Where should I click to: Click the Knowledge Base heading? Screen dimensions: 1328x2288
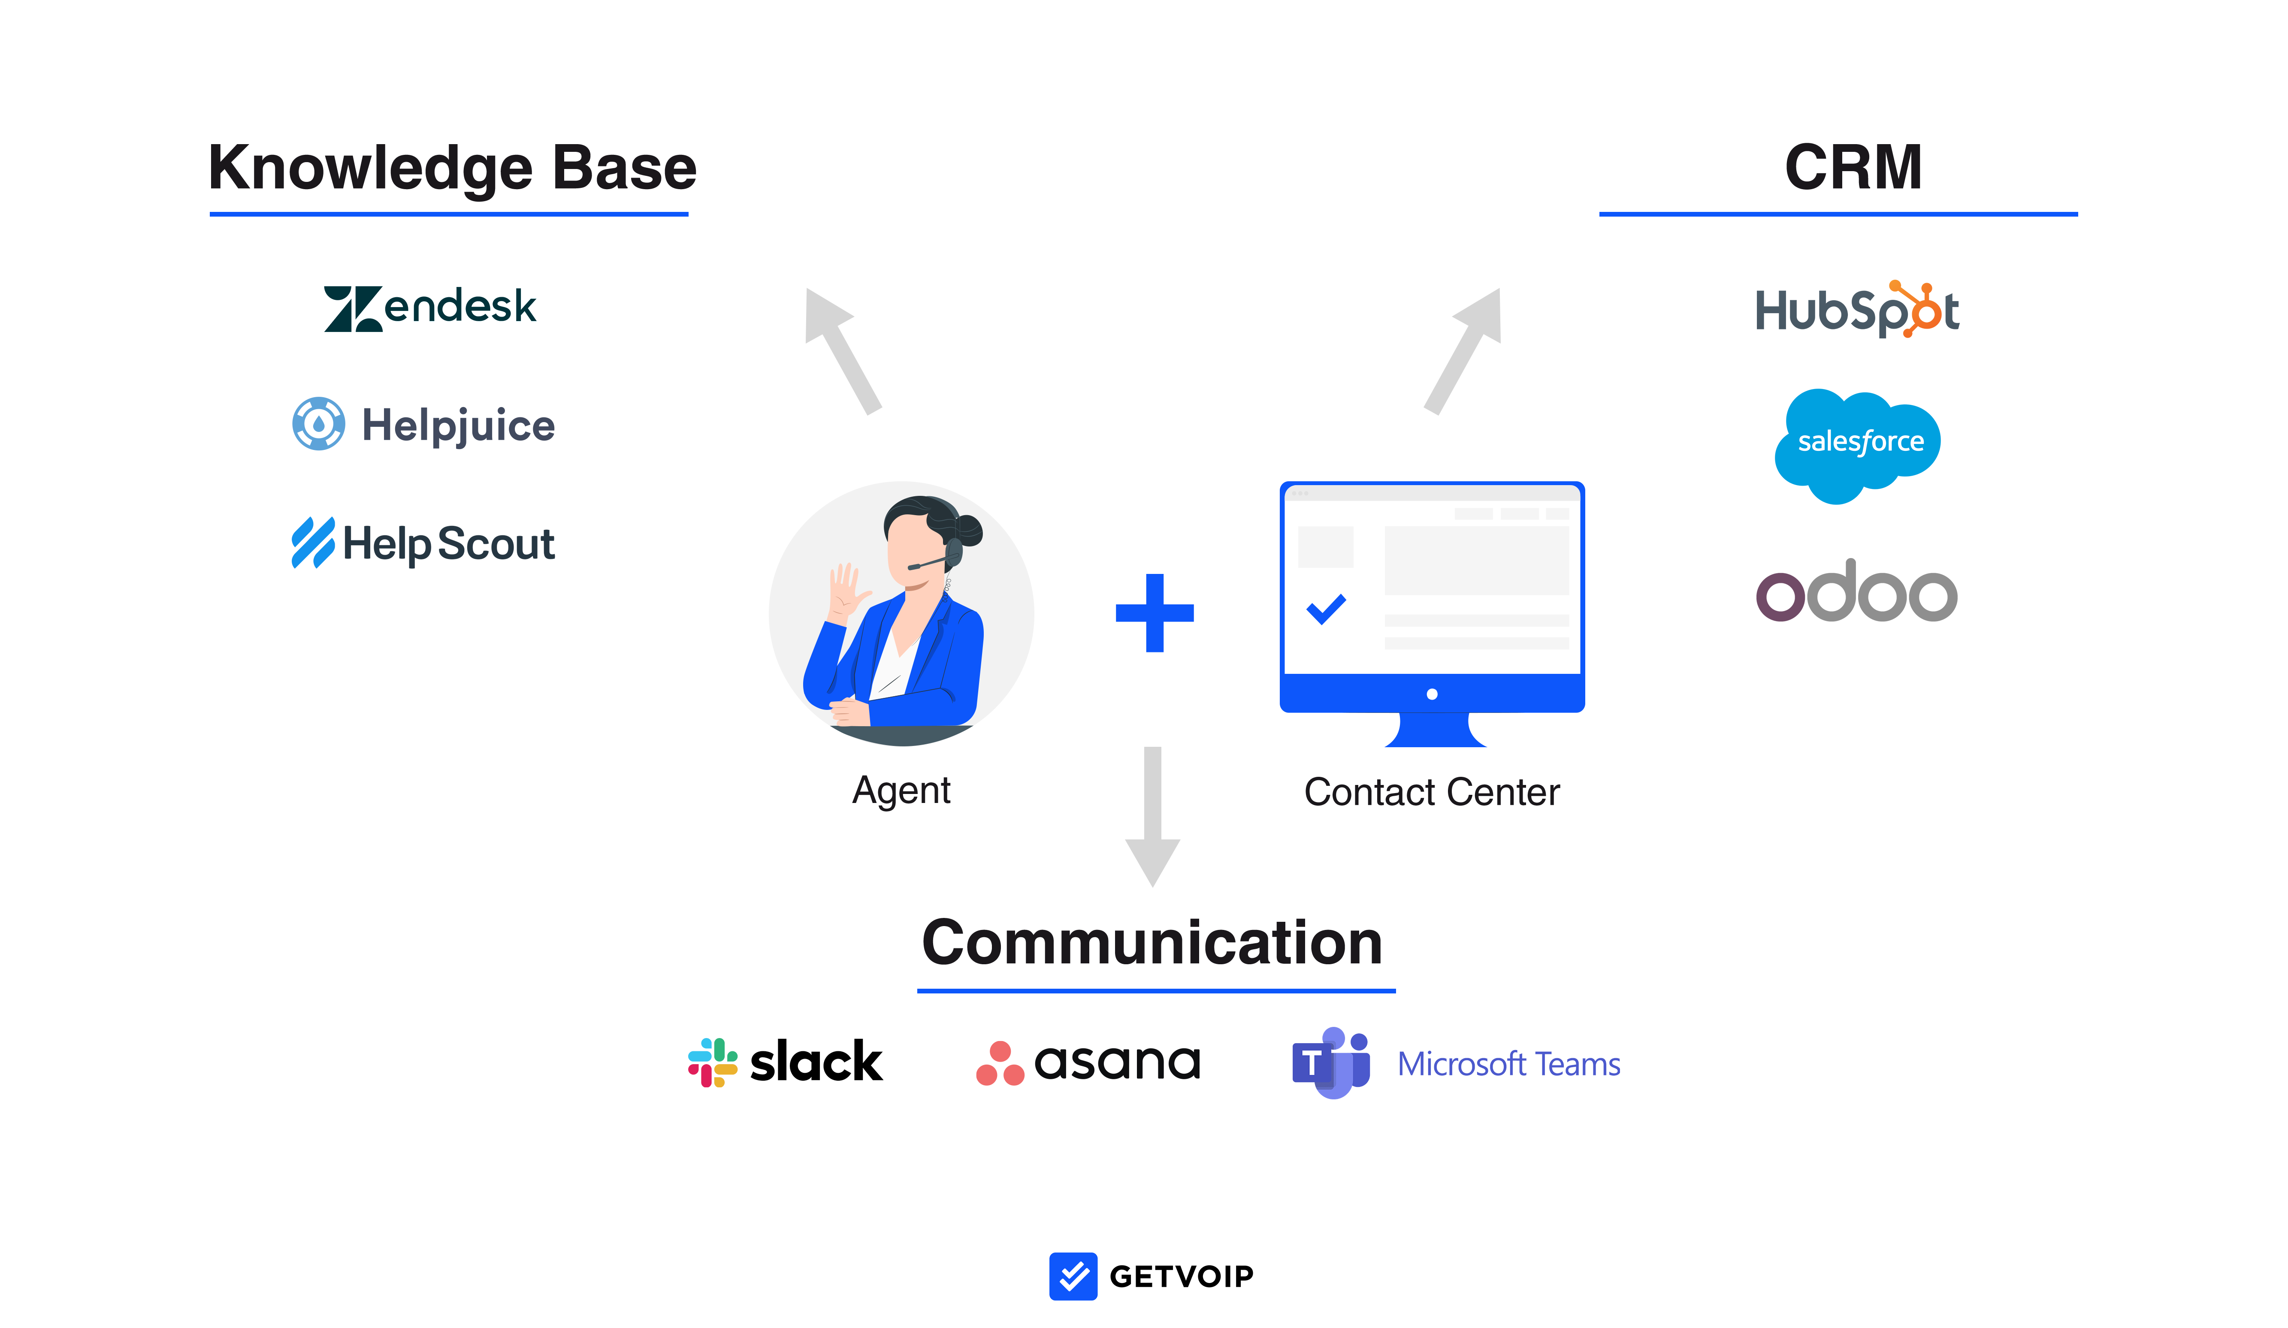pyautogui.click(x=452, y=170)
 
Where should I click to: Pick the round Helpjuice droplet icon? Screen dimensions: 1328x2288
pyautogui.click(x=319, y=423)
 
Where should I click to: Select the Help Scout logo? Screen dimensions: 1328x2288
pyautogui.click(x=423, y=543)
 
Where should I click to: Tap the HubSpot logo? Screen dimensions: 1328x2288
pyautogui.click(x=1858, y=309)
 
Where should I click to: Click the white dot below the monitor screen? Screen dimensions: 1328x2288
pyautogui.click(x=1432, y=694)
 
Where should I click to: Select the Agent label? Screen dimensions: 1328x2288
pyautogui.click(x=901, y=791)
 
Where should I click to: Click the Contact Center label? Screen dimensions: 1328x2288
pyautogui.click(x=1432, y=791)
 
